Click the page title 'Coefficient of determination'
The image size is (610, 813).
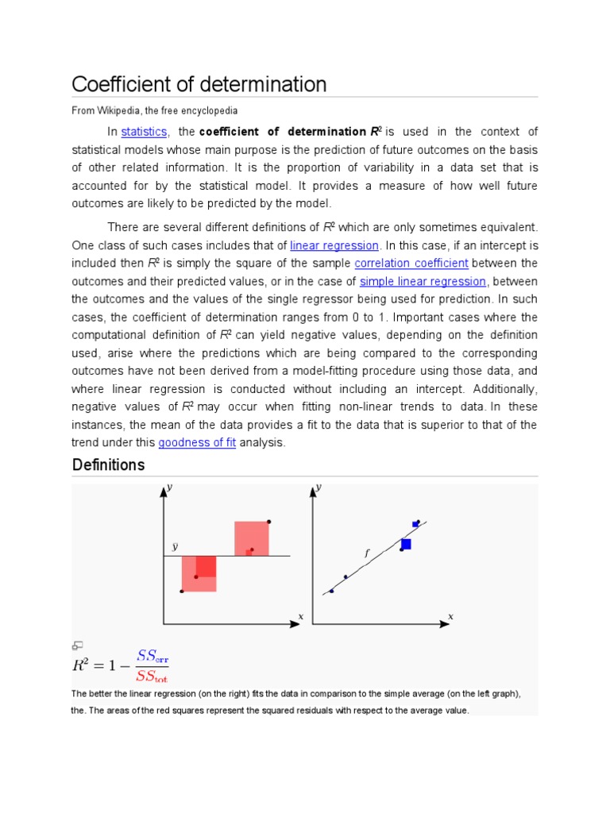click(x=199, y=84)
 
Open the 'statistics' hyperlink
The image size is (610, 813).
click(x=144, y=132)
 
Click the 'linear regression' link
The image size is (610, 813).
click(x=334, y=245)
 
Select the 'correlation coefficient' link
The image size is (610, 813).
click(x=411, y=263)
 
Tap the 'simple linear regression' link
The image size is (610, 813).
click(x=423, y=281)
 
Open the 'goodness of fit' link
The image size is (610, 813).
click(x=197, y=442)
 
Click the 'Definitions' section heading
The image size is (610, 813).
click(x=108, y=465)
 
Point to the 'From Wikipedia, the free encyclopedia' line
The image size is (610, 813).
click(x=154, y=110)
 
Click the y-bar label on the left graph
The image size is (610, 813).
click(x=175, y=546)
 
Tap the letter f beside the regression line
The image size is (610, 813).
click(x=366, y=553)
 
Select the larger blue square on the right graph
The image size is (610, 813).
click(x=406, y=544)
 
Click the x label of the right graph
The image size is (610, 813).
click(x=450, y=616)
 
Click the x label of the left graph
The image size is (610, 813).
click(x=301, y=616)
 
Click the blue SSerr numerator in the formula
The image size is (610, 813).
click(x=152, y=657)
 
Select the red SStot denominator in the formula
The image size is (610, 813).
click(x=152, y=676)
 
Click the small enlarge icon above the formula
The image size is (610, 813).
click(x=77, y=645)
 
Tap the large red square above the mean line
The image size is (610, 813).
click(x=252, y=538)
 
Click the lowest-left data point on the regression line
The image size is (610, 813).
click(x=331, y=591)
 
